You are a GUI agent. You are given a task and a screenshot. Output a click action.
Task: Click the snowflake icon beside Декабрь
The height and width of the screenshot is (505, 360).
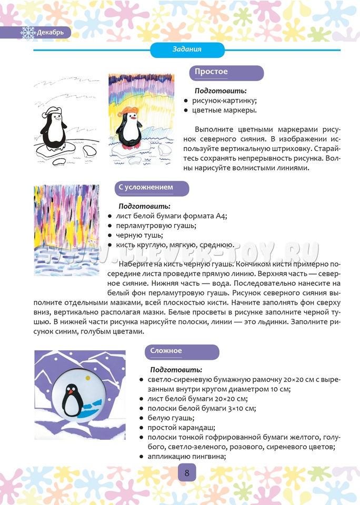27,33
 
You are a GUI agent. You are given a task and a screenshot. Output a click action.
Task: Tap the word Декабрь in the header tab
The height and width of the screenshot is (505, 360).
51,33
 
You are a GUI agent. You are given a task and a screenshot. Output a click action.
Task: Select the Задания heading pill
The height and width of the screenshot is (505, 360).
187,49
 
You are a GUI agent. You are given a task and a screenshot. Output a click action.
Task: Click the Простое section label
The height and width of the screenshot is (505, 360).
211,72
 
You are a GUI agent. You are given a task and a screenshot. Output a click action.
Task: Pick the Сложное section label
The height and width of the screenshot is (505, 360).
166,351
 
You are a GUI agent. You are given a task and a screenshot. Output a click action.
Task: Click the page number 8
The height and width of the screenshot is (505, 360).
187,472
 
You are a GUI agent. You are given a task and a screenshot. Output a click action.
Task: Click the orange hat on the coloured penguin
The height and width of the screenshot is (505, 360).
128,110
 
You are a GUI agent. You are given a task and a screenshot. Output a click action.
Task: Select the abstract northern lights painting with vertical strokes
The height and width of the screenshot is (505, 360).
66,226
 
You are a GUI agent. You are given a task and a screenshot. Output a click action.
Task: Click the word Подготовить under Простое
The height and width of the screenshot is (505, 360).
217,90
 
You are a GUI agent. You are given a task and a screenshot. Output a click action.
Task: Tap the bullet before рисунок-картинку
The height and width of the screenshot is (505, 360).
186,100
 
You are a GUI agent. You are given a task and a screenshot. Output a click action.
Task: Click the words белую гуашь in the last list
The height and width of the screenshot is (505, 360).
165,418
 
